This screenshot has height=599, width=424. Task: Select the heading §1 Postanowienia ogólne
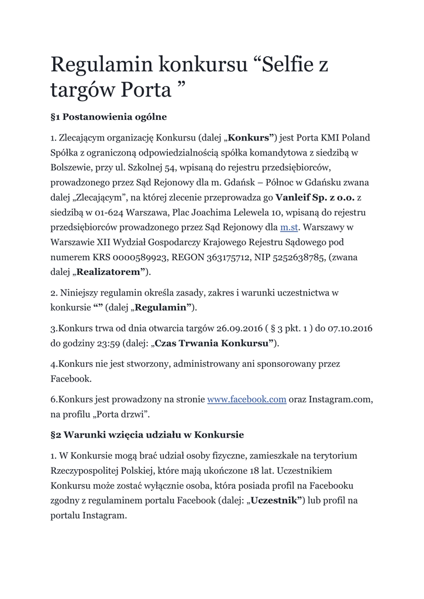point(109,117)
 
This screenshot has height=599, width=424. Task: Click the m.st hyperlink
point(289,227)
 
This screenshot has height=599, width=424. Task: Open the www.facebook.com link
point(247,400)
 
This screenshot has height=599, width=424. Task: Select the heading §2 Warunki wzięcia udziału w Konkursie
point(147,435)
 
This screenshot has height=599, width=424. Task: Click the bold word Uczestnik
point(274,501)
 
